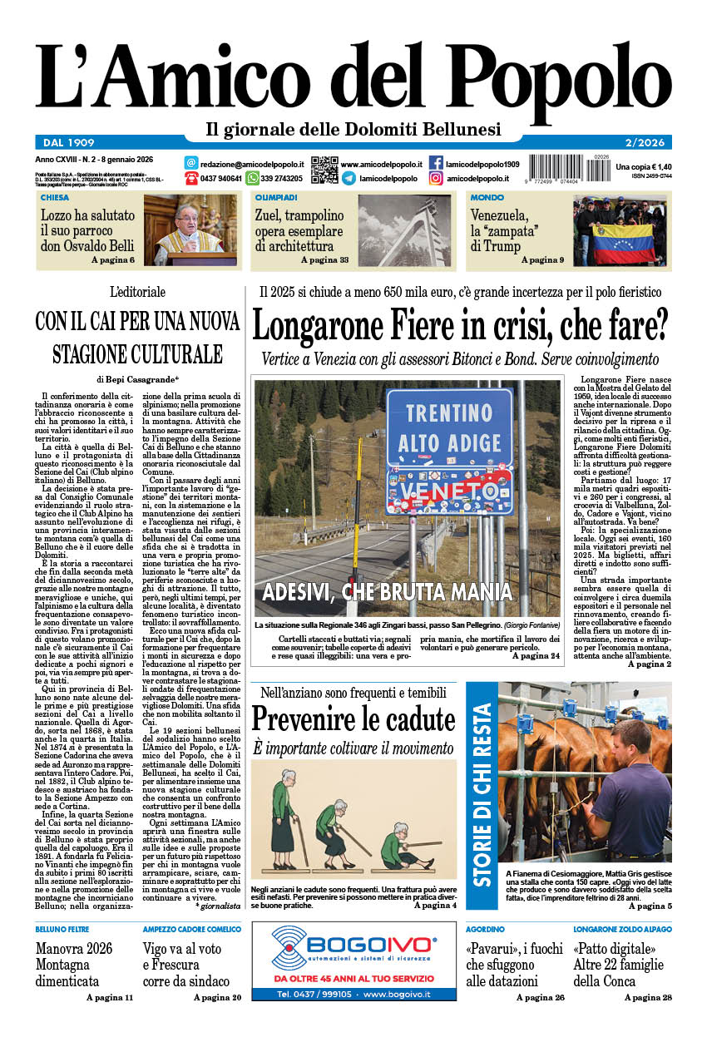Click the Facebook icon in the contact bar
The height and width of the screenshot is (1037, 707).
tap(436, 164)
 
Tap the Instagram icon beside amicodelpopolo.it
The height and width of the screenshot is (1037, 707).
tap(436, 178)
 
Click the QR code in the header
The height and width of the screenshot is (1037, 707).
tap(324, 170)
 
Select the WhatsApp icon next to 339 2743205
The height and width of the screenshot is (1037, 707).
tap(251, 178)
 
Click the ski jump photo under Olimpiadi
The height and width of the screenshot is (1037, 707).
tap(404, 230)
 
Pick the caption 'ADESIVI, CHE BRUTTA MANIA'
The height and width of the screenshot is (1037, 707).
tap(387, 592)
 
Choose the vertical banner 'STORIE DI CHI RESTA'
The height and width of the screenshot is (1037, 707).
tap(482, 795)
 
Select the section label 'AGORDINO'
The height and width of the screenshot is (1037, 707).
tap(486, 928)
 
